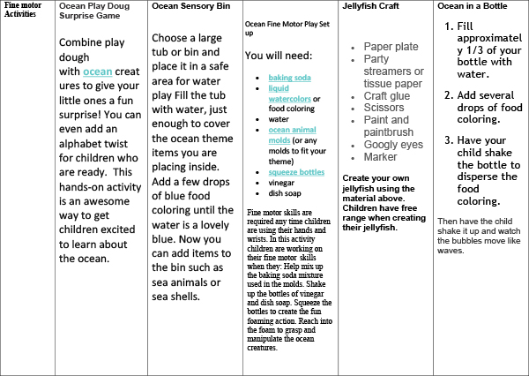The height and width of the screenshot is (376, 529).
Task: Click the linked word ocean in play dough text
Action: [x=98, y=71]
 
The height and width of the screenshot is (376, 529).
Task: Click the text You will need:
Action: [x=281, y=55]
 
